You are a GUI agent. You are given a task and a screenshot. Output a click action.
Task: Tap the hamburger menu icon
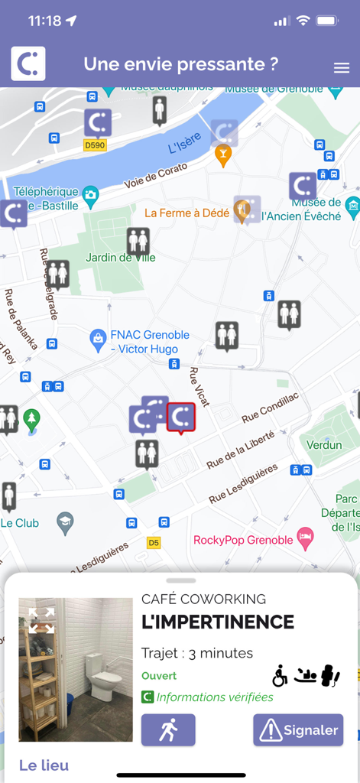tap(341, 68)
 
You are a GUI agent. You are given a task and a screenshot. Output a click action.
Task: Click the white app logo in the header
tap(28, 63)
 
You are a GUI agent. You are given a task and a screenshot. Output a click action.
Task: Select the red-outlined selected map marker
tap(181, 417)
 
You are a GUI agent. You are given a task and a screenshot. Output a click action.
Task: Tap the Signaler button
tap(298, 730)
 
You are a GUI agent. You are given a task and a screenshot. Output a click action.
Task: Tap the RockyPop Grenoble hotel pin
tap(306, 535)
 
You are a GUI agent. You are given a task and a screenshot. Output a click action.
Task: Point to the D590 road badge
tap(95, 145)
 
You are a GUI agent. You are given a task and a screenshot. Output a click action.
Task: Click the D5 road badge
tap(154, 543)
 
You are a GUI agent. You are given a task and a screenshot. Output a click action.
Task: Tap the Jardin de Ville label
tap(120, 258)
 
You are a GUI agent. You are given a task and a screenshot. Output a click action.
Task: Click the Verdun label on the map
tap(324, 445)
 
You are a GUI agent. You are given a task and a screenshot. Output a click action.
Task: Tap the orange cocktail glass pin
tap(223, 154)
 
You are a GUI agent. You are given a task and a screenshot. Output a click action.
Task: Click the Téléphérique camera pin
tap(91, 195)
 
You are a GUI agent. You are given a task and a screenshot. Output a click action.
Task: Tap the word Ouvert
tap(159, 676)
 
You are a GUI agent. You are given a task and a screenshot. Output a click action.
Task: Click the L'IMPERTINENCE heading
tap(218, 622)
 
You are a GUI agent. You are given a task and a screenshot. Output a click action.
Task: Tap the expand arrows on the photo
tap(42, 621)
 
